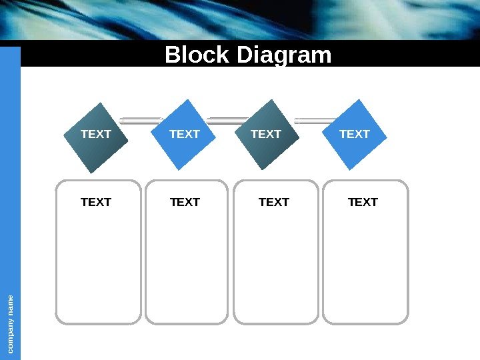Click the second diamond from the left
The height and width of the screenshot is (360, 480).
pyautogui.click(x=185, y=134)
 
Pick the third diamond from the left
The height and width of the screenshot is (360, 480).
pyautogui.click(x=267, y=134)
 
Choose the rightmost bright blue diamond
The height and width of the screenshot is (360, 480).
pyautogui.click(x=355, y=134)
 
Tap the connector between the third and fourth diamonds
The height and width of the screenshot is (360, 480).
pyautogui.click(x=313, y=121)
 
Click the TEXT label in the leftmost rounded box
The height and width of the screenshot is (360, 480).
pyautogui.click(x=96, y=202)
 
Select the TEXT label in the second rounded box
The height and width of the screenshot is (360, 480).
pyautogui.click(x=185, y=202)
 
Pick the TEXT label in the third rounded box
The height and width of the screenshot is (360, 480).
pyautogui.click(x=273, y=202)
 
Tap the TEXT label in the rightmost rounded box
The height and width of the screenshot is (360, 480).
pyautogui.click(x=363, y=202)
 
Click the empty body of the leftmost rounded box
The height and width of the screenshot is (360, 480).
pyautogui.click(x=99, y=267)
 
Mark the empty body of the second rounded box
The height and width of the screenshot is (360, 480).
pyautogui.click(x=187, y=267)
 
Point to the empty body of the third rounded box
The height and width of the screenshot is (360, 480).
pyautogui.click(x=276, y=267)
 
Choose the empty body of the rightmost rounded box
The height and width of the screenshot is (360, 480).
pyautogui.click(x=365, y=267)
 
